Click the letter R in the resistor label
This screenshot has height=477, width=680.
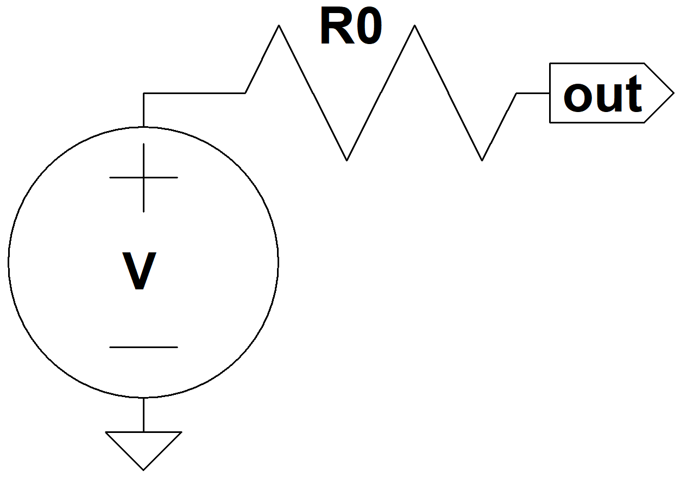(x=337, y=26)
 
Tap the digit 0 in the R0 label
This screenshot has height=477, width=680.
(x=369, y=26)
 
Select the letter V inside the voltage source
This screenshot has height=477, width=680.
(x=140, y=270)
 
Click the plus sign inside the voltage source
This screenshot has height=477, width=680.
(x=143, y=177)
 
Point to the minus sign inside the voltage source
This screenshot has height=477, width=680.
(x=143, y=347)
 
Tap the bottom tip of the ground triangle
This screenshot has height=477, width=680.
(x=143, y=470)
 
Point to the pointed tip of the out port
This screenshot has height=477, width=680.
(x=673, y=93)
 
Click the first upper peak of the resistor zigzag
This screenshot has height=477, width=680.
(x=279, y=26)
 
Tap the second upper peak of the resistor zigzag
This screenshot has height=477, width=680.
(x=414, y=26)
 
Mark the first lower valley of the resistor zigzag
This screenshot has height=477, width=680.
(x=347, y=160)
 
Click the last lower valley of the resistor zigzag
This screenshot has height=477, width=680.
(x=482, y=160)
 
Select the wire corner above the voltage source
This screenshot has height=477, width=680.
(x=143, y=93)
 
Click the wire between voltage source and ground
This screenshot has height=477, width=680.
(x=143, y=414)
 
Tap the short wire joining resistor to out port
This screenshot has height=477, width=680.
(x=533, y=93)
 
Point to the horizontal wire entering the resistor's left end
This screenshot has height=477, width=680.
(x=194, y=93)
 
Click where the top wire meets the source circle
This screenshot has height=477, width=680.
(x=143, y=127)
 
